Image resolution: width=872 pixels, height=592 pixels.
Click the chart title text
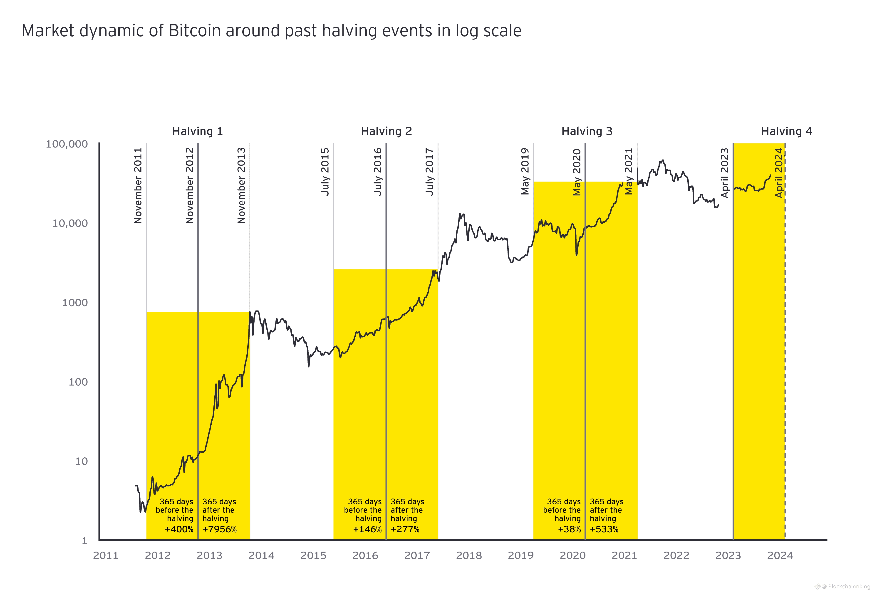[x=271, y=31]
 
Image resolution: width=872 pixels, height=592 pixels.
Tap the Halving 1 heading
[x=197, y=131]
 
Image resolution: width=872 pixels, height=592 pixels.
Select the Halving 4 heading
[x=786, y=131]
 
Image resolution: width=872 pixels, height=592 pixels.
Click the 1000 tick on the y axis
[x=75, y=303]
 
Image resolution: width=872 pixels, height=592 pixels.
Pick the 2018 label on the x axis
[x=469, y=556]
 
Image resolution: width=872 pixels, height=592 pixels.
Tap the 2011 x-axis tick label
[x=105, y=556]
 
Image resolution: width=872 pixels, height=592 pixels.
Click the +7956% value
[x=220, y=529]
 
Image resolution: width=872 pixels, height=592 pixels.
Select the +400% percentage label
[x=179, y=529]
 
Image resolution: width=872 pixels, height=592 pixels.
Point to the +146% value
[x=367, y=529]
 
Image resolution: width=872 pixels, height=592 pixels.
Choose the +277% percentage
[x=405, y=529]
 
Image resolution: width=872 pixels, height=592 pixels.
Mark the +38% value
[x=569, y=529]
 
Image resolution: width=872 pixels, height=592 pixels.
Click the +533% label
[x=604, y=529]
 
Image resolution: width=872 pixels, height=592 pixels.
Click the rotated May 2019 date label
[x=525, y=171]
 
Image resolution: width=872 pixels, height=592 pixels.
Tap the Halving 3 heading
[x=587, y=131]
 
